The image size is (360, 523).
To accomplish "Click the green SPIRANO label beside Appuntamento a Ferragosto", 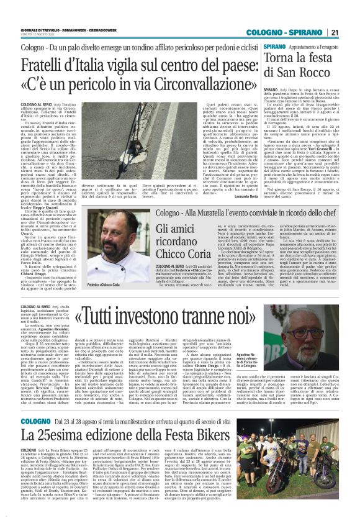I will pos(274,47).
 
